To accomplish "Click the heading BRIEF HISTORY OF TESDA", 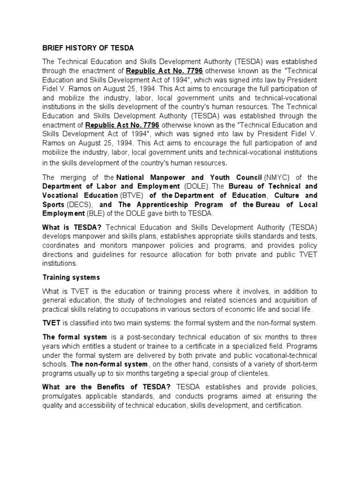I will click(88, 48).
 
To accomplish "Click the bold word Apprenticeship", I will click(160, 205).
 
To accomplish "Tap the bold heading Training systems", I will click(71, 277).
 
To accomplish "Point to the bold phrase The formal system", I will click(75, 337).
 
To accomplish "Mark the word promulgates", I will click(65, 396).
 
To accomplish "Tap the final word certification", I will click(283, 405).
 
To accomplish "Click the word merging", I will click(76, 178).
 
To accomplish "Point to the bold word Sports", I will click(53, 205).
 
